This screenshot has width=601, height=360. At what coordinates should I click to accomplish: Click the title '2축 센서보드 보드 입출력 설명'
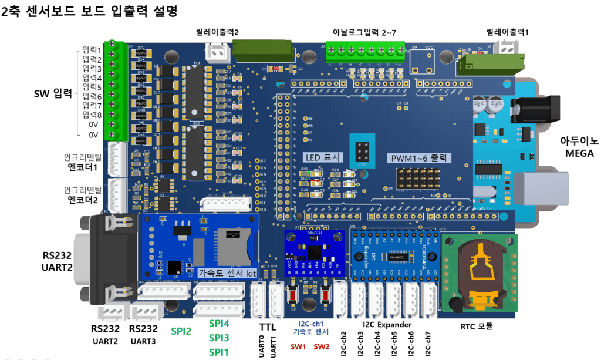(89, 11)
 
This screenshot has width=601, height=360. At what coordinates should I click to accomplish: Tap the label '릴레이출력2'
(217, 33)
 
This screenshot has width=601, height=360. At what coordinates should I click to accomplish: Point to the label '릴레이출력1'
(507, 33)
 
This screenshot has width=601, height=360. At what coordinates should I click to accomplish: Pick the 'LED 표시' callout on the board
(321, 157)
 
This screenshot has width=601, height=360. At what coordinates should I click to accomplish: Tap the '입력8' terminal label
(92, 115)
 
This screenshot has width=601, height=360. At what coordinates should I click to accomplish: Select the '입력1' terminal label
(92, 51)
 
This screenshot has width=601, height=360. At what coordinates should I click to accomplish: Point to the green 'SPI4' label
(219, 324)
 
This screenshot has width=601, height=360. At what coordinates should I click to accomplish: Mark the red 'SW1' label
(298, 346)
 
